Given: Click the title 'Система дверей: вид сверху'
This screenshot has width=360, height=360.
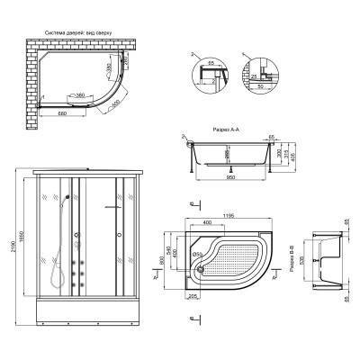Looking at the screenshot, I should [x=82, y=31].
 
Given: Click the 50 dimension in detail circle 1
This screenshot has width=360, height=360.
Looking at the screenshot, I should [x=267, y=87].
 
